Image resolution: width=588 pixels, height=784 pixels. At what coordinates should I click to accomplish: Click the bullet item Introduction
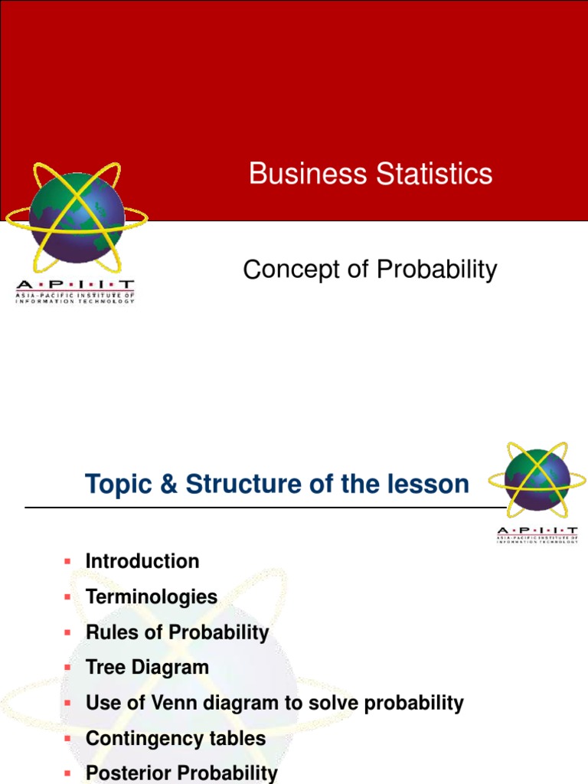[142, 561]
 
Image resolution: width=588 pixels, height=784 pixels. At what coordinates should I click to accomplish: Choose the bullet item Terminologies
[152, 596]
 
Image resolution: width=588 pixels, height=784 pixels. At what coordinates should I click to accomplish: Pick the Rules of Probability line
[177, 632]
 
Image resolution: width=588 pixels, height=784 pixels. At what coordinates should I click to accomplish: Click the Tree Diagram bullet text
[147, 667]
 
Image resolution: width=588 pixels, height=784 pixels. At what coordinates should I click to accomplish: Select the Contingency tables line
[175, 738]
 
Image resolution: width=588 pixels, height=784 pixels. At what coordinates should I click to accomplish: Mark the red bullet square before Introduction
[67, 561]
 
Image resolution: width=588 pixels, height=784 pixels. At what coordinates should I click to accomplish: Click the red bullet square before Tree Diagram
[67, 667]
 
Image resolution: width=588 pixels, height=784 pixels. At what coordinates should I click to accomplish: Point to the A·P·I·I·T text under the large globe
[75, 285]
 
